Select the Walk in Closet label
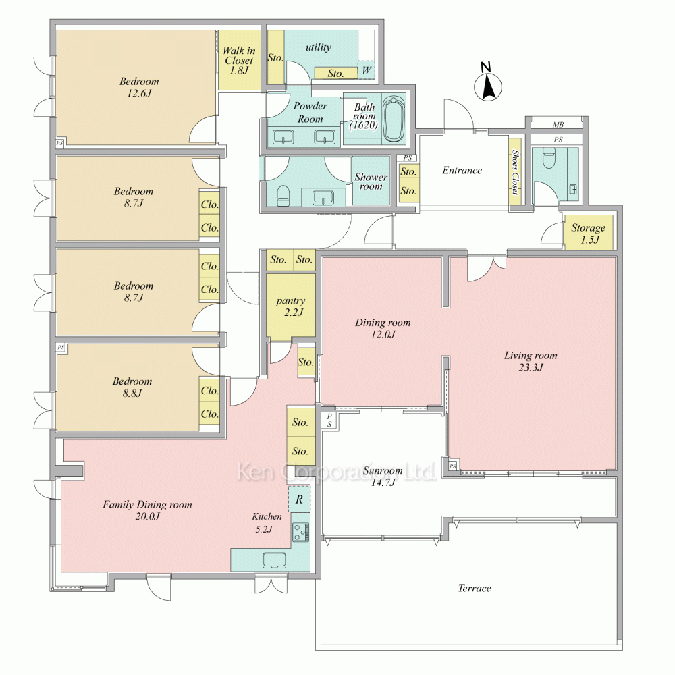[239, 61]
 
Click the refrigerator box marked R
[299, 499]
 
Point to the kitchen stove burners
[300, 532]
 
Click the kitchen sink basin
[275, 560]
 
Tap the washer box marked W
[367, 70]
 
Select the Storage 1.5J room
[588, 232]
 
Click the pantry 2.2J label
[291, 306]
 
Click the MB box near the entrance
[558, 124]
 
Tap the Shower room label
[371, 182]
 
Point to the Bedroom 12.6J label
[138, 87]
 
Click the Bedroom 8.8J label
[132, 387]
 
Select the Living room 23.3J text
[531, 361]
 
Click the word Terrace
[475, 588]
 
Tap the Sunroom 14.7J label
[383, 476]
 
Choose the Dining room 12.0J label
[383, 328]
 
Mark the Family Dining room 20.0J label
[147, 510]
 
